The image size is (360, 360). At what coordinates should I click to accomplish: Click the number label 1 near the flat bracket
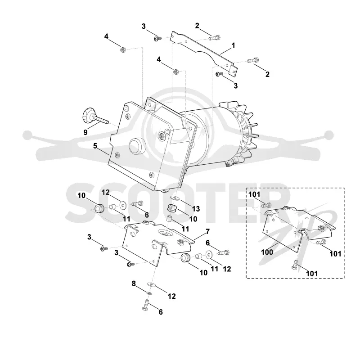(x=233, y=45)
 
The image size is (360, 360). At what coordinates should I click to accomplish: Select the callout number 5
(x=95, y=146)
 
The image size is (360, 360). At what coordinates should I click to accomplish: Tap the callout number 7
(x=207, y=232)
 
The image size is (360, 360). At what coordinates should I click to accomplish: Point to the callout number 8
(x=134, y=283)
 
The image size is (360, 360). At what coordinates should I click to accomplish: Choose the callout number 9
(x=85, y=132)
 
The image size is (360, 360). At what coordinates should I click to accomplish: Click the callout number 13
(x=196, y=209)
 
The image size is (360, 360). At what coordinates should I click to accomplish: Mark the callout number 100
(x=267, y=252)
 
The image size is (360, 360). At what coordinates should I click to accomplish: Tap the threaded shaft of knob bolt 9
(x=101, y=120)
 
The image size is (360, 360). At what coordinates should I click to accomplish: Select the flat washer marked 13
(x=174, y=198)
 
